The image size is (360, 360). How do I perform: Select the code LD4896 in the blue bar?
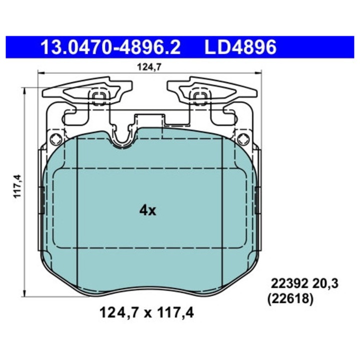pyautogui.click(x=239, y=48)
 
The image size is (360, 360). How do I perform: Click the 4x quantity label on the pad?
pyautogui.click(x=148, y=210)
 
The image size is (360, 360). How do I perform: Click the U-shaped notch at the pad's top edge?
pyautogui.click(x=120, y=141)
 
